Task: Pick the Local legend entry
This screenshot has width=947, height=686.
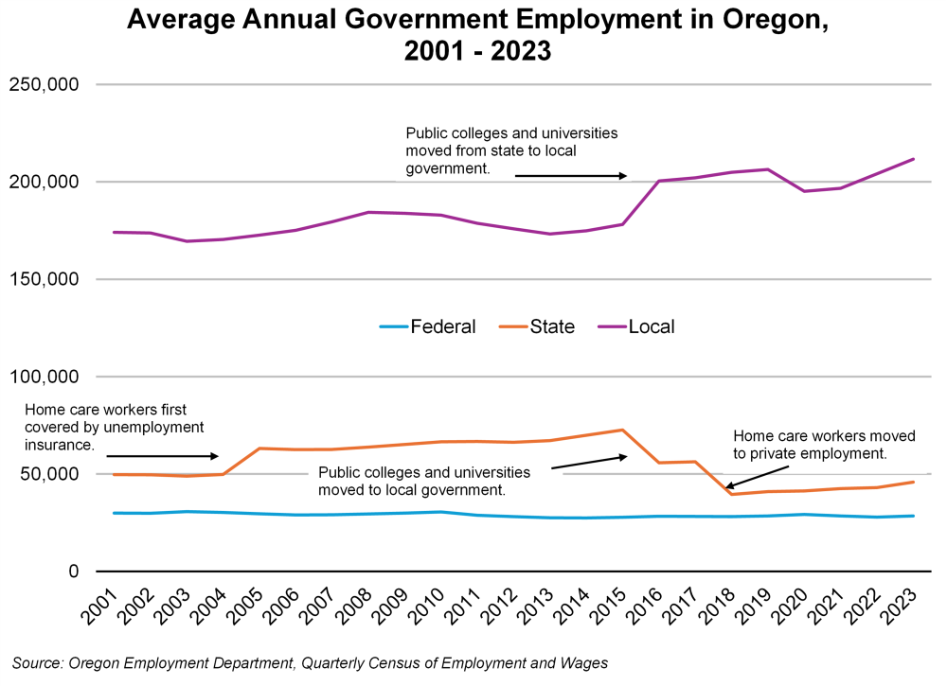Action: (x=651, y=326)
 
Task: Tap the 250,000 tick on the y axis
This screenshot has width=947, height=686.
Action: (x=43, y=84)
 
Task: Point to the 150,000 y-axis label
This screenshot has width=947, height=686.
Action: (x=43, y=279)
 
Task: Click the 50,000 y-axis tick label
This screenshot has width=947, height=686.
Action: (x=48, y=474)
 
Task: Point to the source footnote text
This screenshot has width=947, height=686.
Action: (x=310, y=663)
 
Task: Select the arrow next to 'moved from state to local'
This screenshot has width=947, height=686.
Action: (x=571, y=176)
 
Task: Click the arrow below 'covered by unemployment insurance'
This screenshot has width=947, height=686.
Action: (x=162, y=456)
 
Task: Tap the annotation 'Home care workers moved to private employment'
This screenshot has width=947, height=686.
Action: (x=824, y=445)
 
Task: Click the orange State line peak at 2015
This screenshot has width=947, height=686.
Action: (x=622, y=430)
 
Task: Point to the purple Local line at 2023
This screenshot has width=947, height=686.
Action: (x=913, y=159)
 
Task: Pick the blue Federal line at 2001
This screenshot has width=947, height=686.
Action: (x=115, y=513)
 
